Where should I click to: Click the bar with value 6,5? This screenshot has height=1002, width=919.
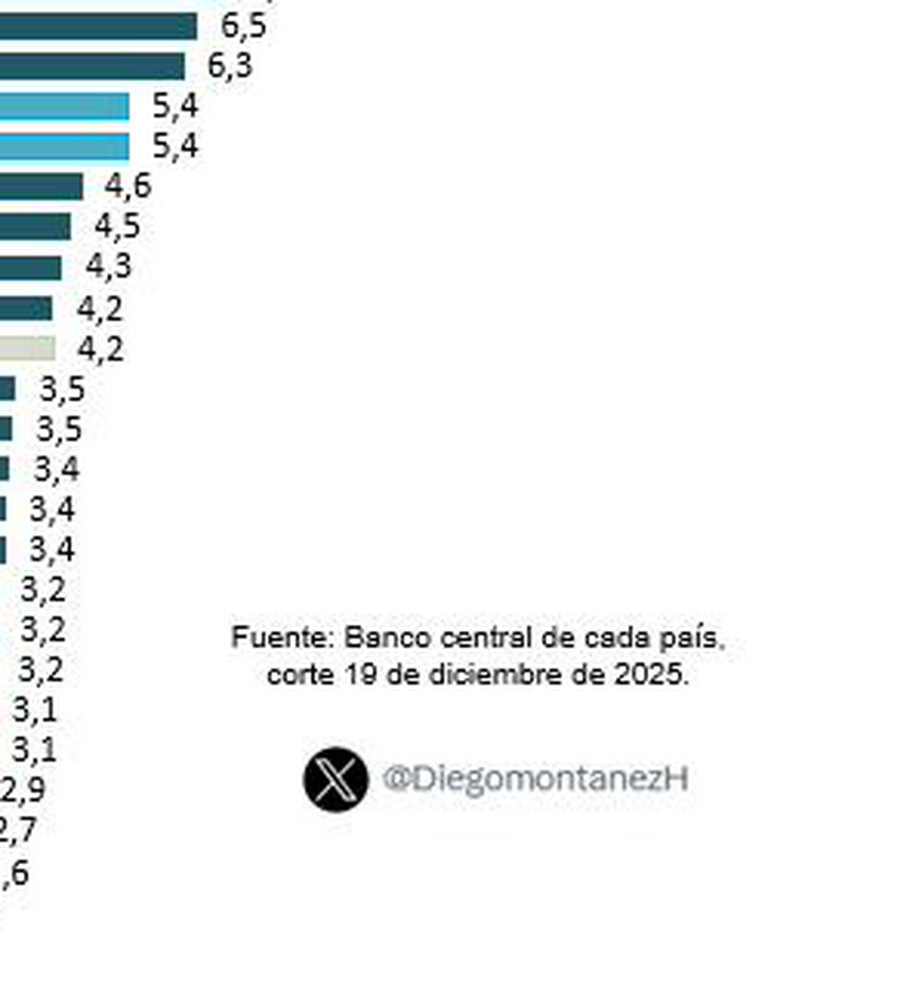(x=98, y=27)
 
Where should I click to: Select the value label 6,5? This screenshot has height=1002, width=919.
(x=244, y=26)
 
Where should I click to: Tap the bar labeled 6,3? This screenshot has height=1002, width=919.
(x=92, y=67)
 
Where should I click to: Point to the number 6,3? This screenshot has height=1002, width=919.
(x=230, y=66)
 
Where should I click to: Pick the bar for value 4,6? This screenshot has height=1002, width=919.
(x=41, y=186)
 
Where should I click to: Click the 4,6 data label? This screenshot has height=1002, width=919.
(x=128, y=186)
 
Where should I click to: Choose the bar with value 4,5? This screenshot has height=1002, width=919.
(x=35, y=227)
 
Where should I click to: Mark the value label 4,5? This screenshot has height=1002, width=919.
(x=117, y=227)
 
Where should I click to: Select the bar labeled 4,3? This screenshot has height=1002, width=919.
(x=31, y=268)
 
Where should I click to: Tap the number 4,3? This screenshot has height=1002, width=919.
(x=108, y=266)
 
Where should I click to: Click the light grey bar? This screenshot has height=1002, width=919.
(x=28, y=349)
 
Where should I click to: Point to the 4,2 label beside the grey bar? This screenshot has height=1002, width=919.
(x=100, y=350)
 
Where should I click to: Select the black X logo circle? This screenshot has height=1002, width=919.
(x=335, y=779)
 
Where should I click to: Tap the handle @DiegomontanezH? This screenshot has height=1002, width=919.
(x=535, y=779)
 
